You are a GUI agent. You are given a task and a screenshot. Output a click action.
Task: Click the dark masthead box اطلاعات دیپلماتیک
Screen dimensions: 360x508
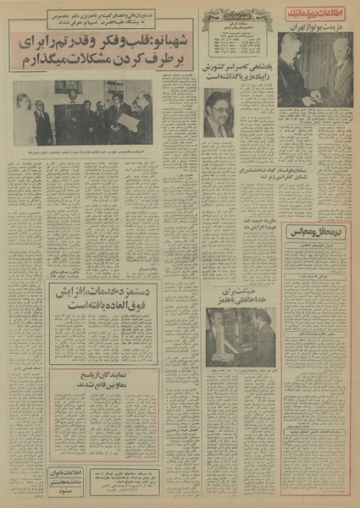313,16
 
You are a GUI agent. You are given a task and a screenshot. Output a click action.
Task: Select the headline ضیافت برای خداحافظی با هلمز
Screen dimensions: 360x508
240,296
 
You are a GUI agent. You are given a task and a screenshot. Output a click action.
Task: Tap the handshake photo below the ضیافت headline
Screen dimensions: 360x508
240,337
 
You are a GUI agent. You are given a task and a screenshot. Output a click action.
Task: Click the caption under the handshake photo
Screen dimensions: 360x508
240,371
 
